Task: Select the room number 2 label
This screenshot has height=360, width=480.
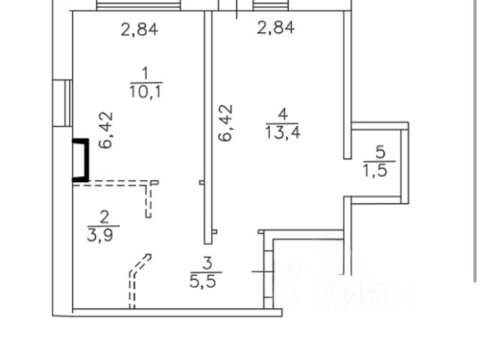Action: coord(103,217)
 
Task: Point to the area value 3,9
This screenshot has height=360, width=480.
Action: coord(103,233)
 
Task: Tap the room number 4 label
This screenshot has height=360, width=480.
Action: coord(281,115)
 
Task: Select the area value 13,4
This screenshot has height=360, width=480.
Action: coord(281,133)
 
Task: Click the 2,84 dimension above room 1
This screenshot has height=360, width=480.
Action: coord(140,30)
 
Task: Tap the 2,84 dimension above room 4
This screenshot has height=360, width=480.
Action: coord(275,29)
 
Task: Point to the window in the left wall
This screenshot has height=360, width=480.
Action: coord(66,104)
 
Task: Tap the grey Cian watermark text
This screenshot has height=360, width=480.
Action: coord(352,292)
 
